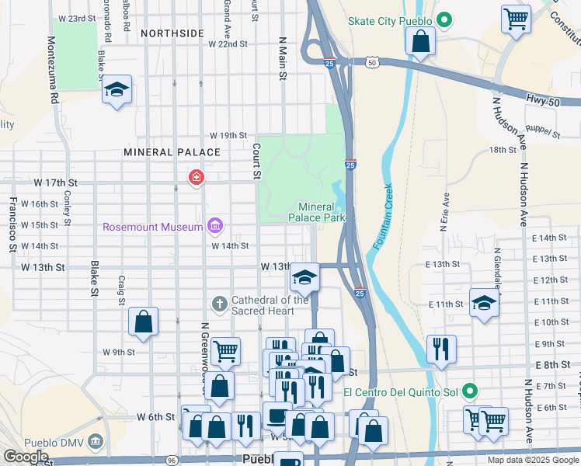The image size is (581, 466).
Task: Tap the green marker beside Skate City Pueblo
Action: pyautogui.click(x=444, y=19)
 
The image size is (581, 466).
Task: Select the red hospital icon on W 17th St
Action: pyautogui.click(x=196, y=179)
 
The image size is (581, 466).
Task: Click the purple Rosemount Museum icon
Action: pyautogui.click(x=215, y=227)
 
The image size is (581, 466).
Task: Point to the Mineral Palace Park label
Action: pyautogui.click(x=322, y=212)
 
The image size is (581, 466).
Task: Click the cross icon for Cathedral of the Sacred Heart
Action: pyautogui.click(x=220, y=304)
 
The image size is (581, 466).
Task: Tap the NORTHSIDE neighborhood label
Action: pyautogui.click(x=172, y=33)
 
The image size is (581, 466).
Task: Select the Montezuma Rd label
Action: pyautogui.click(x=54, y=71)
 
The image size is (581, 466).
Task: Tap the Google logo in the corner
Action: pyautogui.click(x=25, y=457)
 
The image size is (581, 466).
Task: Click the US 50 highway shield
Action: pyautogui.click(x=374, y=62)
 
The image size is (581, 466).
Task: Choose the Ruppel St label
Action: pyautogui.click(x=543, y=134)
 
